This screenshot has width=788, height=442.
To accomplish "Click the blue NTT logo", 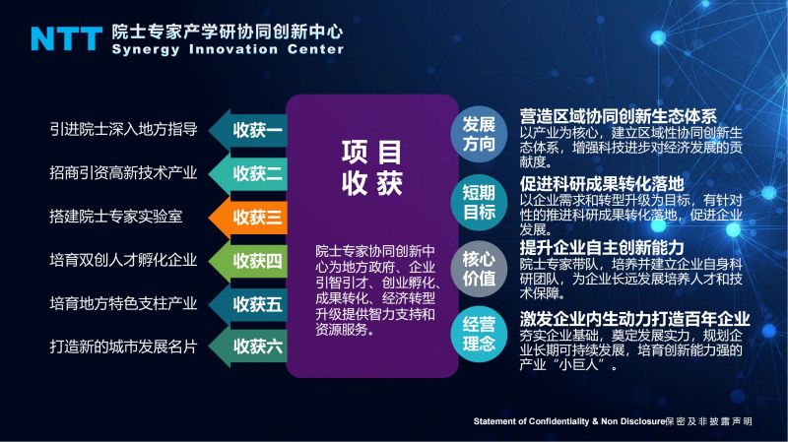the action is tap(66, 38).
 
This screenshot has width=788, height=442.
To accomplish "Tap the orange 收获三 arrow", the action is tap(248, 217).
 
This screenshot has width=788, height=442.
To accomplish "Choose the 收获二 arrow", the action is tap(248, 174).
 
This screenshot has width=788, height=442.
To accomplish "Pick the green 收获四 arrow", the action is tap(248, 261).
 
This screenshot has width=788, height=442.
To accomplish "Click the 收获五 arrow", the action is tap(248, 304).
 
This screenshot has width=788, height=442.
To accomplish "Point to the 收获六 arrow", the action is tap(248, 347).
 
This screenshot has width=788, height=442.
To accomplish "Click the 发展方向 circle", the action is tap(479, 134).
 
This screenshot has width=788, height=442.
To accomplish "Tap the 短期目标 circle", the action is tap(479, 202).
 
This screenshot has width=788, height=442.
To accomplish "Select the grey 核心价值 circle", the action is tap(479, 268).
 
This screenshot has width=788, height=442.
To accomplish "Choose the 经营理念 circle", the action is tap(479, 334).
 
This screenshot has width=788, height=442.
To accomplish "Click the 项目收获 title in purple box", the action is tap(372, 167).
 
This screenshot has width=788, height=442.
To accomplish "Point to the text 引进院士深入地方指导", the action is tap(124, 129).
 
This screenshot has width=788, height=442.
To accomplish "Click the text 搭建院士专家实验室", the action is tap(116, 217).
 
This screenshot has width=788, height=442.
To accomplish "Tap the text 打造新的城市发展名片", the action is tap(124, 347).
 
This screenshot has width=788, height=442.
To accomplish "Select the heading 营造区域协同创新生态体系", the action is tap(619, 116).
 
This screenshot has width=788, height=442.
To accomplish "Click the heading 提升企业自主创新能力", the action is tap(602, 248).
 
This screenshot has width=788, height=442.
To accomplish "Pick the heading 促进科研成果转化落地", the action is tap(602, 183).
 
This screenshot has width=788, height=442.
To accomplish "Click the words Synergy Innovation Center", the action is tap(228, 49).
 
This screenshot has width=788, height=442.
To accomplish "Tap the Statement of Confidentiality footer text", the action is tap(613, 421).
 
